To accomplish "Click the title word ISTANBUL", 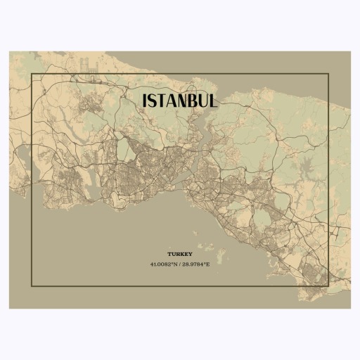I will pos(180,101).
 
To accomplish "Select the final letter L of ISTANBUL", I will pos(212,101).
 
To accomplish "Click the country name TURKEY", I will pos(179,253).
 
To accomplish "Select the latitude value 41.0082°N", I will pos(164,264).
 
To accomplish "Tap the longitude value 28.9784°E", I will pos(196,264).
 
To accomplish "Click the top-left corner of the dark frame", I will pos(32,73).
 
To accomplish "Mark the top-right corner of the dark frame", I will pos(328,73).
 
